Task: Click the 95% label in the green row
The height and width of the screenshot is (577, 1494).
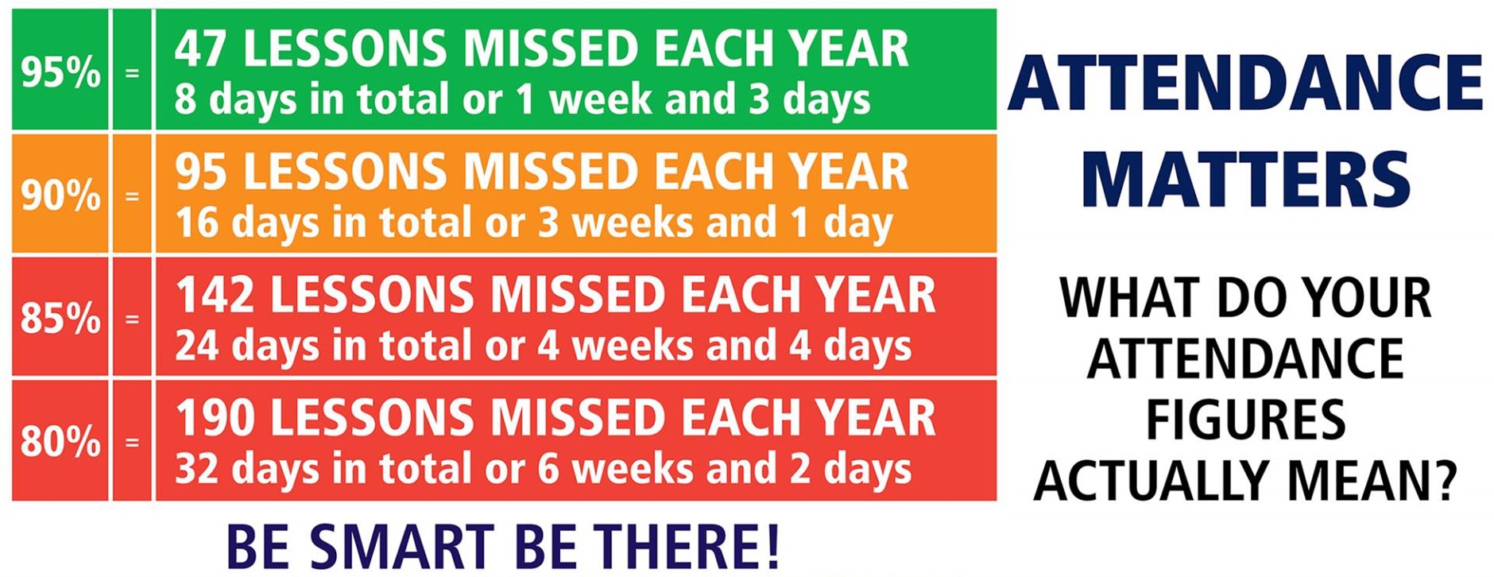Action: (x=60, y=73)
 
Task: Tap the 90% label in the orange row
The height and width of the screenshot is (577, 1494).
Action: (x=60, y=196)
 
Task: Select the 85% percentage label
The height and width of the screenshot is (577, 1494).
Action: (x=60, y=319)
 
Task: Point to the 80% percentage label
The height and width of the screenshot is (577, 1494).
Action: (x=60, y=442)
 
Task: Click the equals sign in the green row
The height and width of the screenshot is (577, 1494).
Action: (x=132, y=73)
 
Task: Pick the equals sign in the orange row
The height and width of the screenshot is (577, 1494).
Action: (x=132, y=196)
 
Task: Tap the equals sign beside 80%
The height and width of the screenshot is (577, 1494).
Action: (x=132, y=442)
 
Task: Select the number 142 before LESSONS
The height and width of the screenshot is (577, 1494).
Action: (x=215, y=295)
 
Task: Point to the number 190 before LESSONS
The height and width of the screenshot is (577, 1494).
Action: (x=215, y=418)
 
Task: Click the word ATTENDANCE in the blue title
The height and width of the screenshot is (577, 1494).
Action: (x=1245, y=83)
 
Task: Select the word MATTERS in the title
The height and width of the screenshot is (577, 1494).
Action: (x=1245, y=180)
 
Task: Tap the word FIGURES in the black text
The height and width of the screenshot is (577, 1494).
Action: (x=1245, y=420)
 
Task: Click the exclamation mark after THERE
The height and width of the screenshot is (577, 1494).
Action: (x=770, y=546)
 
